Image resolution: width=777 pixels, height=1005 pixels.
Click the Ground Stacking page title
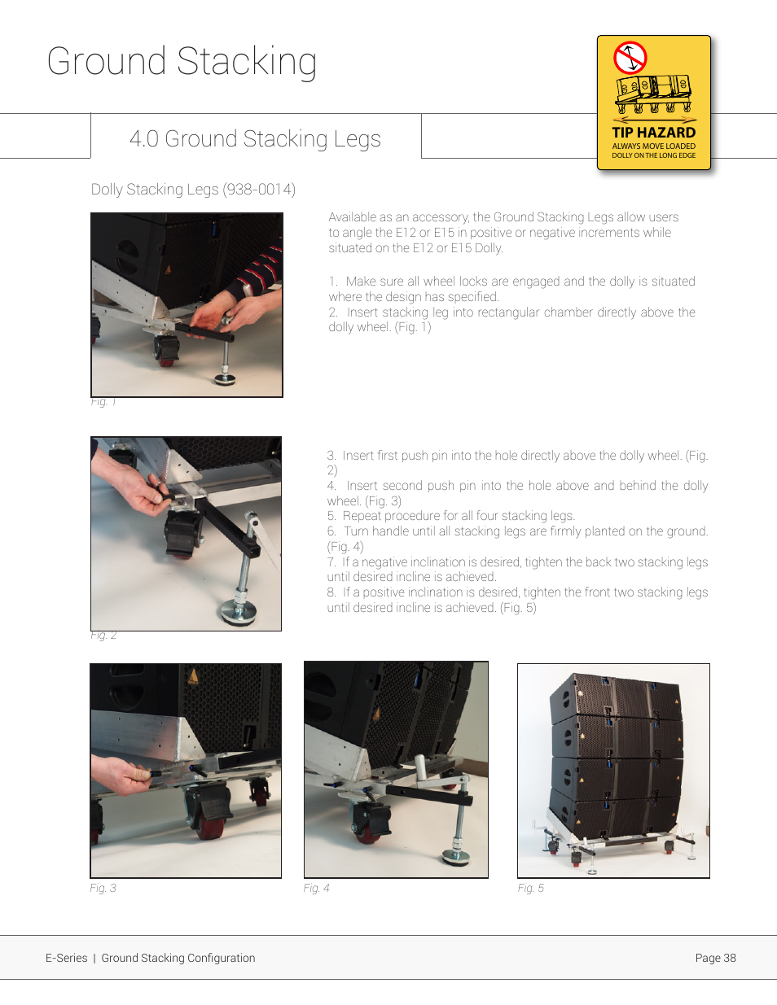[x=182, y=62]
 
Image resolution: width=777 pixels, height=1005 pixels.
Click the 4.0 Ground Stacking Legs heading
[x=255, y=139]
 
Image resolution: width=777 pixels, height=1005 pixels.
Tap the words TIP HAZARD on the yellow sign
[x=653, y=133]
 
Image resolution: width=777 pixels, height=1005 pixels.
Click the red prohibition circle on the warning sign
[x=630, y=58]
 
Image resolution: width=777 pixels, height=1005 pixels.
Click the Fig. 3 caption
[x=103, y=888]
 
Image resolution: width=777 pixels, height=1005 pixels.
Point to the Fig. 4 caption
[x=316, y=888]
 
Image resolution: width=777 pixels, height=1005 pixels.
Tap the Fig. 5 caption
[x=530, y=888]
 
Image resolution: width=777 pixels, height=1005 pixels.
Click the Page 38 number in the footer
[x=715, y=958]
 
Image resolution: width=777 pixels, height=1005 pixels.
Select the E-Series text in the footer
[x=66, y=958]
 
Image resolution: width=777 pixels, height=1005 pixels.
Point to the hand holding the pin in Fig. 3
[x=122, y=777]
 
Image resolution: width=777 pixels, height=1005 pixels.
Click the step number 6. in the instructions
[x=331, y=531]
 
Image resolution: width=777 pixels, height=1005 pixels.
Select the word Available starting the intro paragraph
[x=352, y=217]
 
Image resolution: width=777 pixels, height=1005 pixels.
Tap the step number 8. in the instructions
[x=331, y=592]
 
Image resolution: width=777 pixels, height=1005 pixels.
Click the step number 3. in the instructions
[x=331, y=456]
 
